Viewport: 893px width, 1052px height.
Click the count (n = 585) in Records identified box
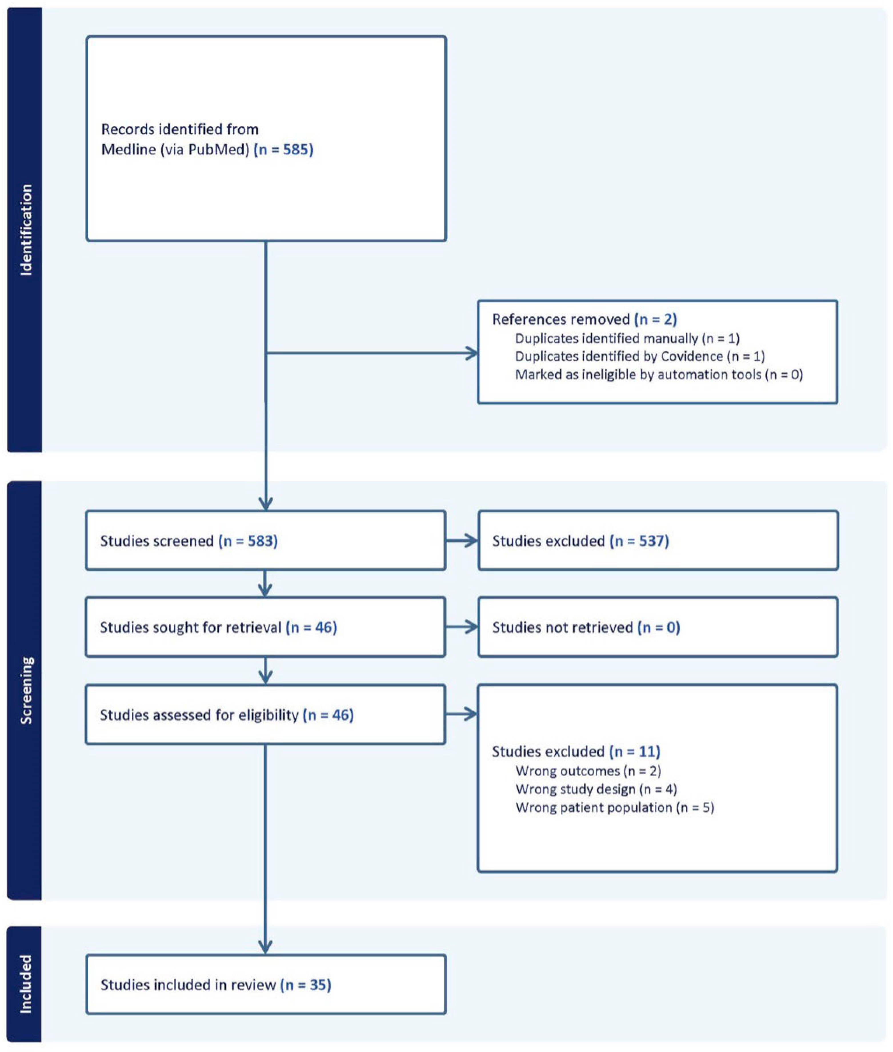[x=283, y=150]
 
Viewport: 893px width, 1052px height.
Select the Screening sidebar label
[x=25, y=690]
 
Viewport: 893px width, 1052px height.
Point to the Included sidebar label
[x=25, y=984]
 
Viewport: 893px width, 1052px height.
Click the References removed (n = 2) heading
[x=584, y=319]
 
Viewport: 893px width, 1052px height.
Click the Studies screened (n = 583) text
[x=189, y=541]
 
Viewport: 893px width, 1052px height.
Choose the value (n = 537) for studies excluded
[x=639, y=541]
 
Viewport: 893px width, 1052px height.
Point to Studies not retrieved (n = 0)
[x=586, y=628]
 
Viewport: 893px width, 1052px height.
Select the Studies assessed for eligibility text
[x=226, y=715]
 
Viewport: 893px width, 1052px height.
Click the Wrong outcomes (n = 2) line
[x=588, y=771]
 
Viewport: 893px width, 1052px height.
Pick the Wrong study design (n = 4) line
[x=596, y=789]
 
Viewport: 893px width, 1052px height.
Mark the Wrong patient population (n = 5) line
[x=614, y=807]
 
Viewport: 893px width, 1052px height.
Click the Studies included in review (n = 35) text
[x=216, y=985]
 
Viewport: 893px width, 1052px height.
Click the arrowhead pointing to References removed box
[x=472, y=353]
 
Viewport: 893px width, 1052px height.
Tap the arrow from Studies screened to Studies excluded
[x=462, y=541]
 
